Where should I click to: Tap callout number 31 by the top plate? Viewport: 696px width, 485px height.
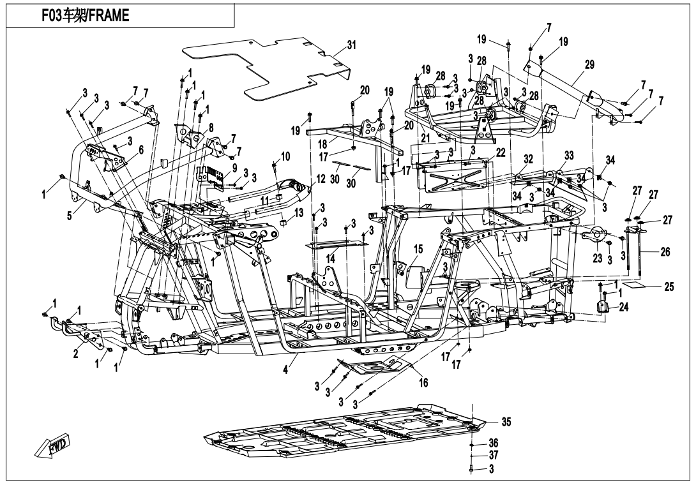[351, 45]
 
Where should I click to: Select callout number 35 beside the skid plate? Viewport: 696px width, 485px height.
[506, 422]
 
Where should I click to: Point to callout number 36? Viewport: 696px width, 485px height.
[493, 442]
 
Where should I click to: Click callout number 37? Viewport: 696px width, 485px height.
[493, 456]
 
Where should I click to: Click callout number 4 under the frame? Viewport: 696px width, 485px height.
[285, 368]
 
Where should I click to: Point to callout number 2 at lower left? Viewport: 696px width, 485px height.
[76, 354]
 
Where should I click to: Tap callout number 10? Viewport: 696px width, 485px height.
[285, 156]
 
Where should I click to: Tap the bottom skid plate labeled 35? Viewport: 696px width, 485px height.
[345, 434]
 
